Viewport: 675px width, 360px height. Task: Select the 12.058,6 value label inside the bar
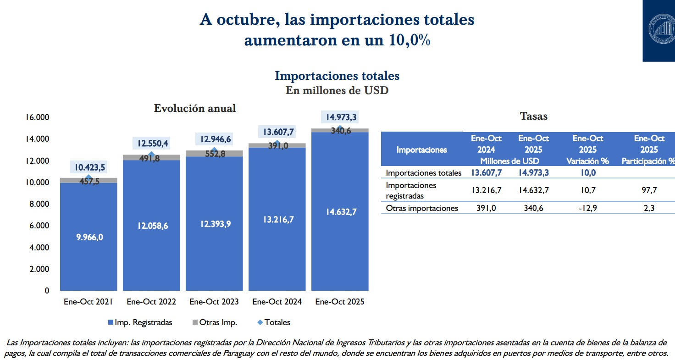tap(151, 225)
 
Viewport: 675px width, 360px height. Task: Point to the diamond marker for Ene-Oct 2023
tap(214, 150)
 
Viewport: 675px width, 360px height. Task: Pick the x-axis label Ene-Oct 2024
tap(277, 302)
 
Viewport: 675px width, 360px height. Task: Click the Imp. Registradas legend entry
tap(143, 322)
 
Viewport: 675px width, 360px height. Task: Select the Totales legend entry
tap(277, 322)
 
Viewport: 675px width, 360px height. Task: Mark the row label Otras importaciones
tap(422, 208)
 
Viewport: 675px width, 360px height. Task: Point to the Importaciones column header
tap(421, 150)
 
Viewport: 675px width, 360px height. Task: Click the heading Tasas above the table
tap(534, 116)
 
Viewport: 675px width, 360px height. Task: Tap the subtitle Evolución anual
tap(195, 108)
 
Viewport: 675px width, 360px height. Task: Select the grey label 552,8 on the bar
tap(214, 154)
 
